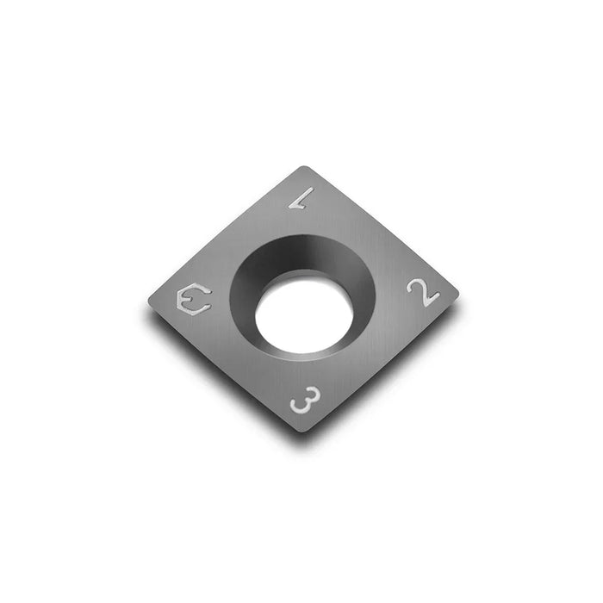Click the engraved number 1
[299, 199]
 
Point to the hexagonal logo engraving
[192, 299]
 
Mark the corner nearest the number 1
[302, 168]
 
